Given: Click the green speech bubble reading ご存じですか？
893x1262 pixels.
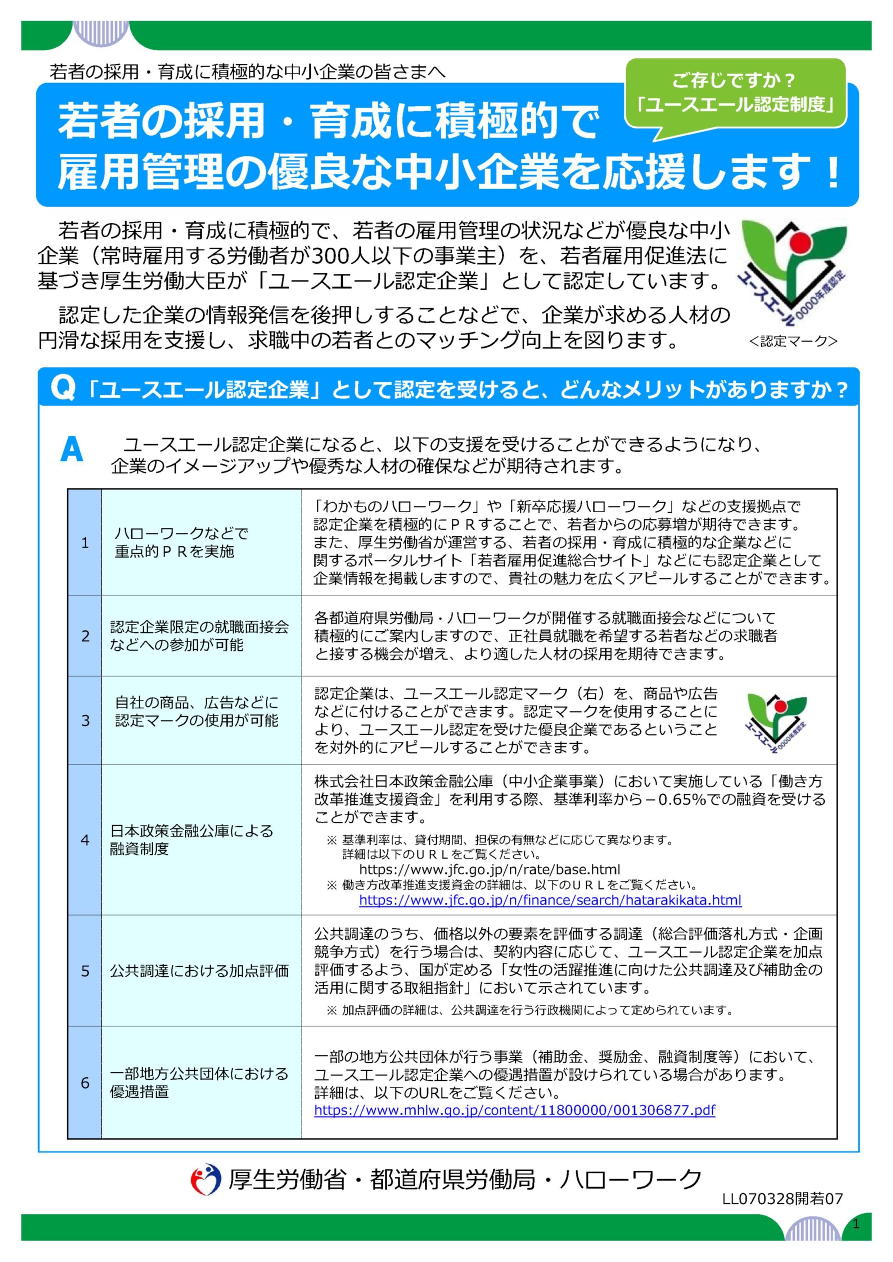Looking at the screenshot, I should click(735, 92).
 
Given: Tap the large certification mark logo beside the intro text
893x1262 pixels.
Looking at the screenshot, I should click(792, 272).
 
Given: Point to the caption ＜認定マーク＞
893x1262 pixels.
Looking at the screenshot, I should click(792, 341).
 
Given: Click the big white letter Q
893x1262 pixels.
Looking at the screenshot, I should click(62, 389).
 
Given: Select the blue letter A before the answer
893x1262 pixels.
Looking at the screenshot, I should click(72, 450).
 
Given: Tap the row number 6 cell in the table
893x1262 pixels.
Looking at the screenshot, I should click(85, 1083).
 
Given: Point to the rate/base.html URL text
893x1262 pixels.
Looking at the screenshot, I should click(490, 869).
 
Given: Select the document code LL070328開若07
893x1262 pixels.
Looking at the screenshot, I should click(782, 1199).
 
